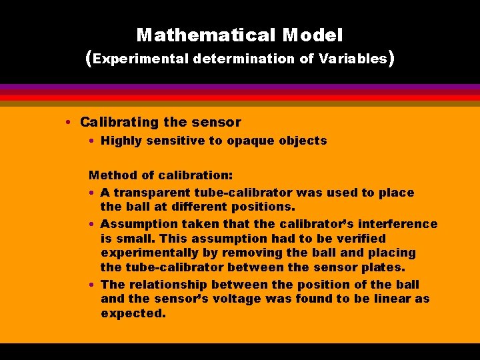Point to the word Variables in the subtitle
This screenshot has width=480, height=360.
coord(353,59)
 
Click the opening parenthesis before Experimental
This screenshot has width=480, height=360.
coord(89,59)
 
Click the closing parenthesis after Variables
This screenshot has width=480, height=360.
coord(392,59)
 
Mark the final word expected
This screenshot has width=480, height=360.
coord(133,313)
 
